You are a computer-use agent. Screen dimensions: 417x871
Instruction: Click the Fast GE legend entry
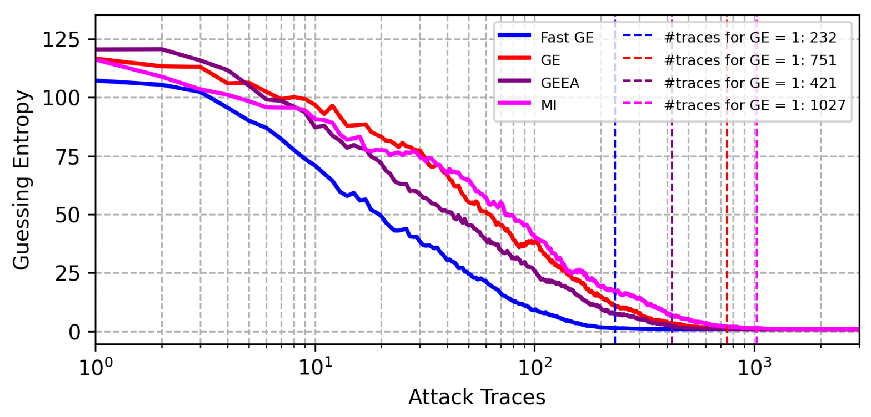[x=567, y=38]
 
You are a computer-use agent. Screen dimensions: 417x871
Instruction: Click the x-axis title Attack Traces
[x=477, y=397]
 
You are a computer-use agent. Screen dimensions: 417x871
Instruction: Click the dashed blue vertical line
[x=615, y=222]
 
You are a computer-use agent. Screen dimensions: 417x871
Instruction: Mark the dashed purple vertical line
[x=672, y=222]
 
